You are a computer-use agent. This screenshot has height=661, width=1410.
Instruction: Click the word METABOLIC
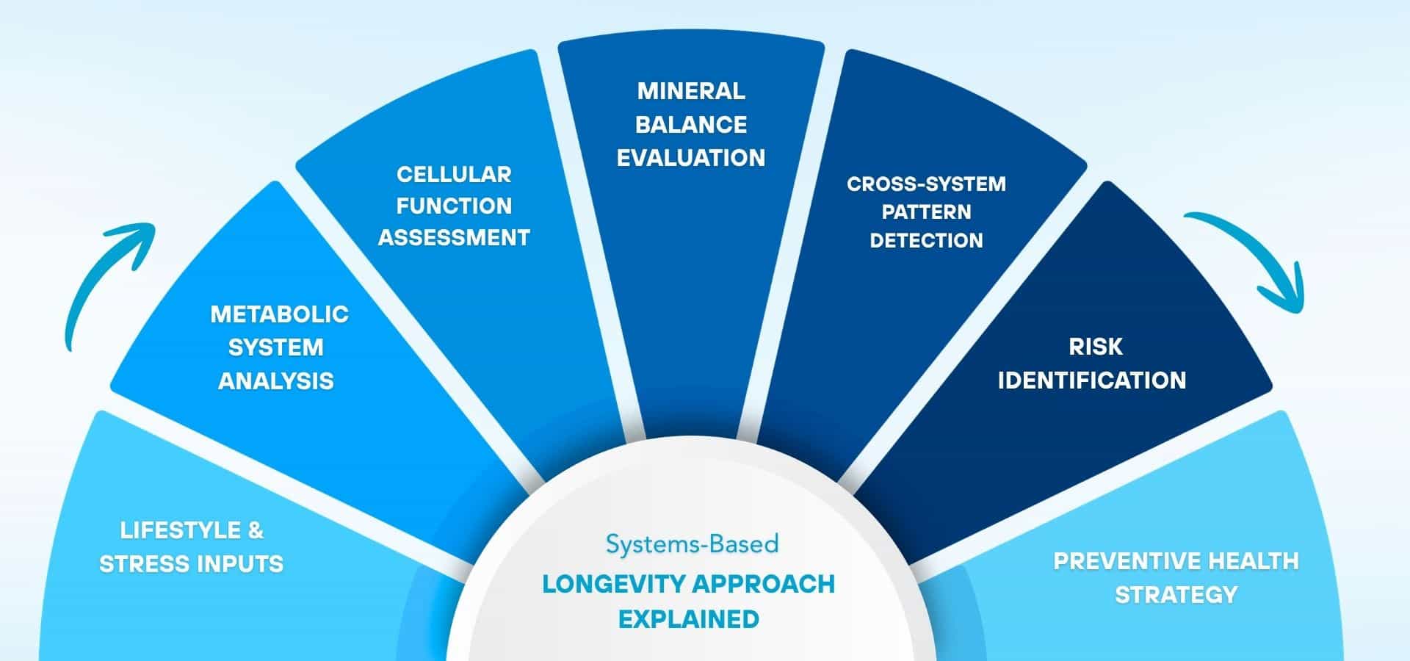click(279, 314)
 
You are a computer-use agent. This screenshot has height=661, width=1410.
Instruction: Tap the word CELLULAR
click(454, 175)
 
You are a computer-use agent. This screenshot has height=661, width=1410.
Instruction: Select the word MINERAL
click(691, 91)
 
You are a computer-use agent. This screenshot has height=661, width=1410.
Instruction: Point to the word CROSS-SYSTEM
click(926, 184)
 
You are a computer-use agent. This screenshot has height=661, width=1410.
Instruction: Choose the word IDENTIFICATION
click(1091, 380)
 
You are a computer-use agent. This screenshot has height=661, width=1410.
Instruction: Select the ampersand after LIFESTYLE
click(255, 530)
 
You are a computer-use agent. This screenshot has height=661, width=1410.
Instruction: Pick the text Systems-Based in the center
click(692, 544)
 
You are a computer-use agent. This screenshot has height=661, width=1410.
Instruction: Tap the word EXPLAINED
click(689, 619)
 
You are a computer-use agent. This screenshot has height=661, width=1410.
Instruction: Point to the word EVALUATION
click(691, 158)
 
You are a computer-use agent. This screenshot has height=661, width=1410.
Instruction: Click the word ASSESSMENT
click(454, 238)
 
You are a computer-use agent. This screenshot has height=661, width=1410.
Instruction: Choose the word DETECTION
click(926, 241)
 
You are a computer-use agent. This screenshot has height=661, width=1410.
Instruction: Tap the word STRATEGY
click(1176, 595)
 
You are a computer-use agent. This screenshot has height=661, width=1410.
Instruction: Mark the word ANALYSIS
click(276, 381)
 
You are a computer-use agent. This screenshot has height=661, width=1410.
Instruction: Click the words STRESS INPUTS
click(191, 564)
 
